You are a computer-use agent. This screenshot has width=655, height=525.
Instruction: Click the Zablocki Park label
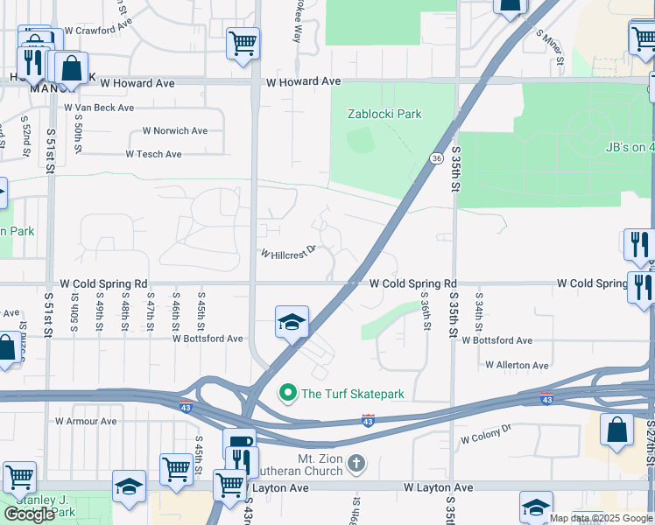[x=384, y=114]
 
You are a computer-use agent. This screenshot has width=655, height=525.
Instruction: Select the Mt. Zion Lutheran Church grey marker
[x=356, y=462]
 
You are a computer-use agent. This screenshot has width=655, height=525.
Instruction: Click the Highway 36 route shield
[x=435, y=157]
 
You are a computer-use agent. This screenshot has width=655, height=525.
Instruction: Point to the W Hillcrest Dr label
[x=287, y=253]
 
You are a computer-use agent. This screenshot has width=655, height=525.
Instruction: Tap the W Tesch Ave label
[x=153, y=154]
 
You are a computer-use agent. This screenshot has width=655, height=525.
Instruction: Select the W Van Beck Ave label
[x=99, y=108]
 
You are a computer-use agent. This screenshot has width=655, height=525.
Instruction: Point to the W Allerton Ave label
[x=517, y=365]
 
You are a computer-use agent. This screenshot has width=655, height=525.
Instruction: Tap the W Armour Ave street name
[x=86, y=421]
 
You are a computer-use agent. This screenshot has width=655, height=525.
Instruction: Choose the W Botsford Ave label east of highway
[x=497, y=340]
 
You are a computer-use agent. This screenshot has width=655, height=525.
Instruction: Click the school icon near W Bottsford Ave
[x=292, y=322]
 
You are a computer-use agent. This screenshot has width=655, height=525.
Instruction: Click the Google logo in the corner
[x=29, y=514]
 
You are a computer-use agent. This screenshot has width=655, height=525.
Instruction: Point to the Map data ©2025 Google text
[x=601, y=518]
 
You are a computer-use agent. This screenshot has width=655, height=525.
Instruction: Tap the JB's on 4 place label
[x=629, y=148]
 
